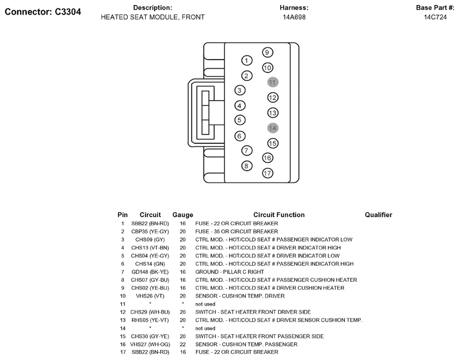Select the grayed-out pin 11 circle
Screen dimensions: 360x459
coord(272,82)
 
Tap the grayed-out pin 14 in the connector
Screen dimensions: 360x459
coord(272,128)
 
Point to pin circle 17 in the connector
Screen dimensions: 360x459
coord(267,173)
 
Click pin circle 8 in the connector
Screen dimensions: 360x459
coord(247,166)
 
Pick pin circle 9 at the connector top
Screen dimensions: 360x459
coord(267,52)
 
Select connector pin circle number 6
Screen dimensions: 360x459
coord(240,136)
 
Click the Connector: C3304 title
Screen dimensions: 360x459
coord(42,12)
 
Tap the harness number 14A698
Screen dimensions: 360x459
coord(294,17)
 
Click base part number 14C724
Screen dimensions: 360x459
coord(435,17)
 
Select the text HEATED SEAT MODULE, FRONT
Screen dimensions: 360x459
coord(152,17)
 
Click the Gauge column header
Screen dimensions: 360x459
coord(183,215)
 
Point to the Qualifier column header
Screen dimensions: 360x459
coord(378,215)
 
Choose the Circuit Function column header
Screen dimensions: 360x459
coord(279,215)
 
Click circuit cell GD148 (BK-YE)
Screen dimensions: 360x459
coord(150,272)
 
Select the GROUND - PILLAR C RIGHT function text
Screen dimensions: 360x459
coord(230,272)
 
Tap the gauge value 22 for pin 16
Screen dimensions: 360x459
coord(183,344)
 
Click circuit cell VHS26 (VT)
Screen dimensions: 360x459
coord(150,296)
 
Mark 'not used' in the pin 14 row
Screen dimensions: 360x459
coord(205,328)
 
